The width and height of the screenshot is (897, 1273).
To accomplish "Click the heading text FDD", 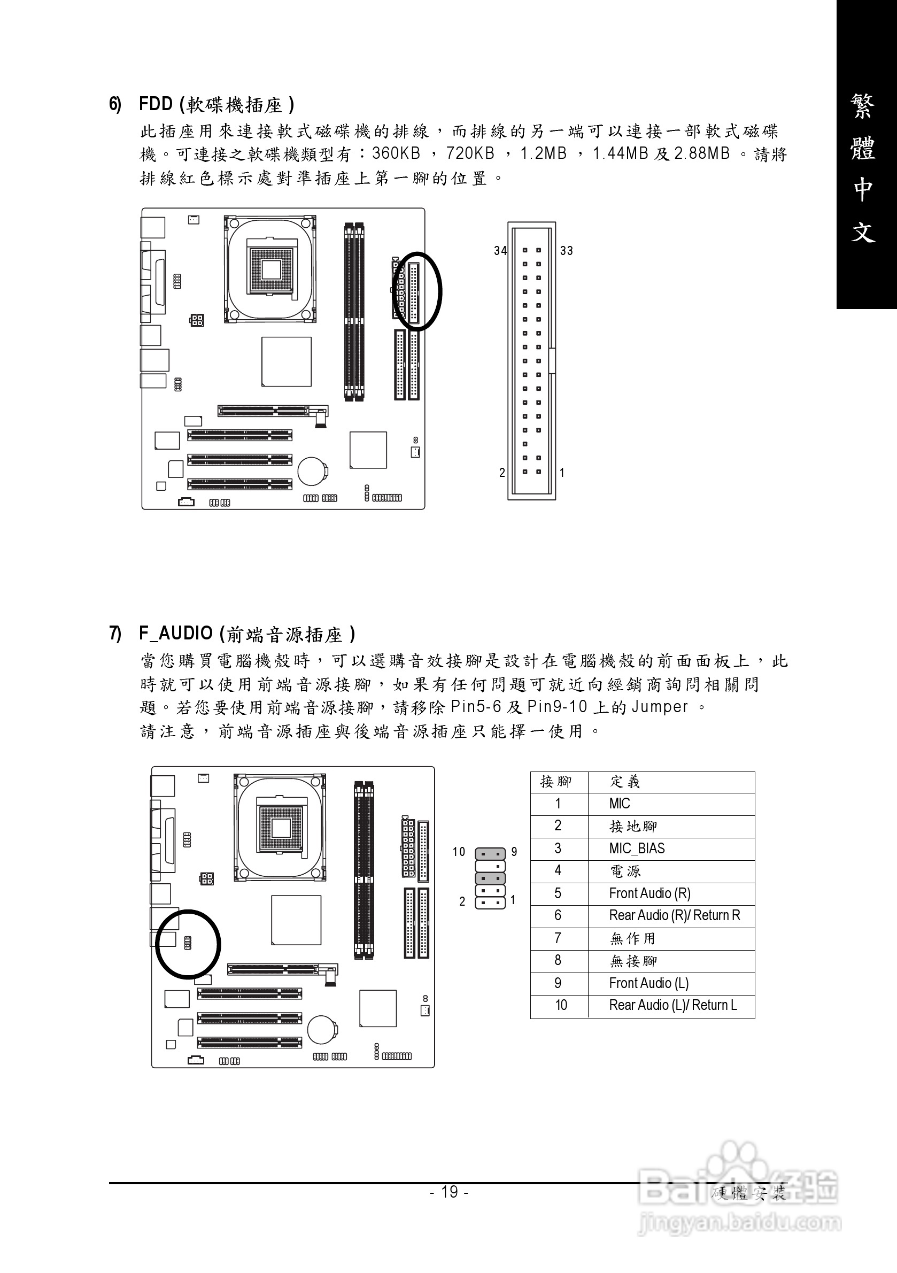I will (x=156, y=104).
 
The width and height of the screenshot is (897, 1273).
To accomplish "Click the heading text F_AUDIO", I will (x=176, y=633).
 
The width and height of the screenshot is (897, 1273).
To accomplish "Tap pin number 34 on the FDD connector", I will (x=500, y=251).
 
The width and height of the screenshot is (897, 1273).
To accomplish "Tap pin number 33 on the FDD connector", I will (x=566, y=251).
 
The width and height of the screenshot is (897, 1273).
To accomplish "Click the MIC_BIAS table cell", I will (x=637, y=849).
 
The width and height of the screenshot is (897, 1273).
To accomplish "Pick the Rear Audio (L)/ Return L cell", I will (x=672, y=1005).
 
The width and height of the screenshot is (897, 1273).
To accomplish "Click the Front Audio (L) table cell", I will (x=648, y=983).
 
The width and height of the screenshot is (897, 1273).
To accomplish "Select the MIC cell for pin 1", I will (x=619, y=804).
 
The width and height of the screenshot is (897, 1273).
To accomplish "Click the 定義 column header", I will (x=625, y=782).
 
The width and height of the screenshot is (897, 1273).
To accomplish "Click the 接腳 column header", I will (x=555, y=782).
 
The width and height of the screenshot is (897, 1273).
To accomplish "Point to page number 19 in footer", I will (x=449, y=1192).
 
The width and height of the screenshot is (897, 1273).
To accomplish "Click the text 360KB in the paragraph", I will (x=396, y=153).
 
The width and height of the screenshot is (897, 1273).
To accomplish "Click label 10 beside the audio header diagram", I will (x=459, y=852).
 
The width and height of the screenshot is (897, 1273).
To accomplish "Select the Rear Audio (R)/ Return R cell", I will (x=674, y=915).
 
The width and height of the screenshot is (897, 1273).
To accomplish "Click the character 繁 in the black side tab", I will (x=863, y=106).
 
